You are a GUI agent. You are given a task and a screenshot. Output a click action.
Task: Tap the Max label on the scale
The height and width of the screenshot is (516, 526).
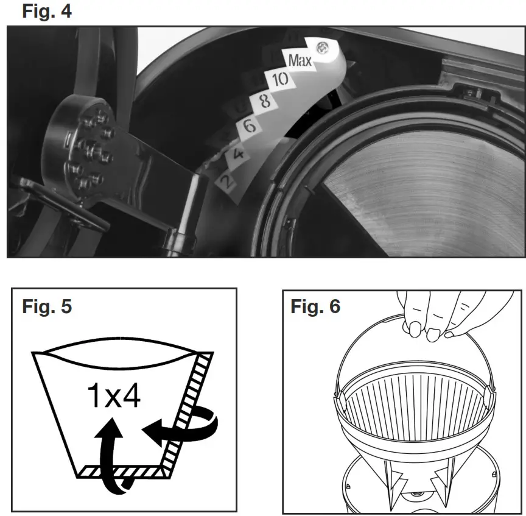pyautogui.click(x=300, y=61)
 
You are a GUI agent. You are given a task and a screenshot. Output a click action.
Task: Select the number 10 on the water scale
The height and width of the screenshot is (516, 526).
pyautogui.click(x=280, y=79)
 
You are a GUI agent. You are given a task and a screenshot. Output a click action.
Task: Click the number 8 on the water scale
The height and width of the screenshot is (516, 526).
pyautogui.click(x=264, y=101)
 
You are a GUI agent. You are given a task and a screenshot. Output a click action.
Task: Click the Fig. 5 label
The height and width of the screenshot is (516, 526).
pyautogui.click(x=47, y=306)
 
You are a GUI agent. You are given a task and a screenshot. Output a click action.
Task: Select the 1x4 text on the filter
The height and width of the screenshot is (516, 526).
pyautogui.click(x=114, y=397)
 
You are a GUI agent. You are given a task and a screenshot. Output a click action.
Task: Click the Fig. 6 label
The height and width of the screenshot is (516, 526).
pyautogui.click(x=315, y=306)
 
